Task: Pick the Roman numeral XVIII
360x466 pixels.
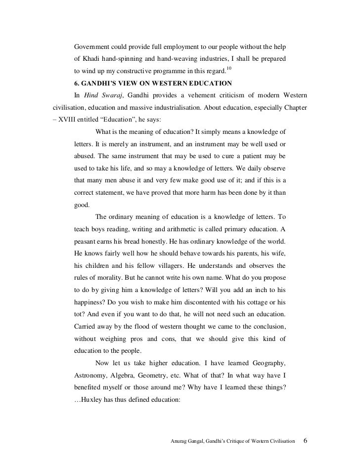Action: pyautogui.click(x=74, y=120)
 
